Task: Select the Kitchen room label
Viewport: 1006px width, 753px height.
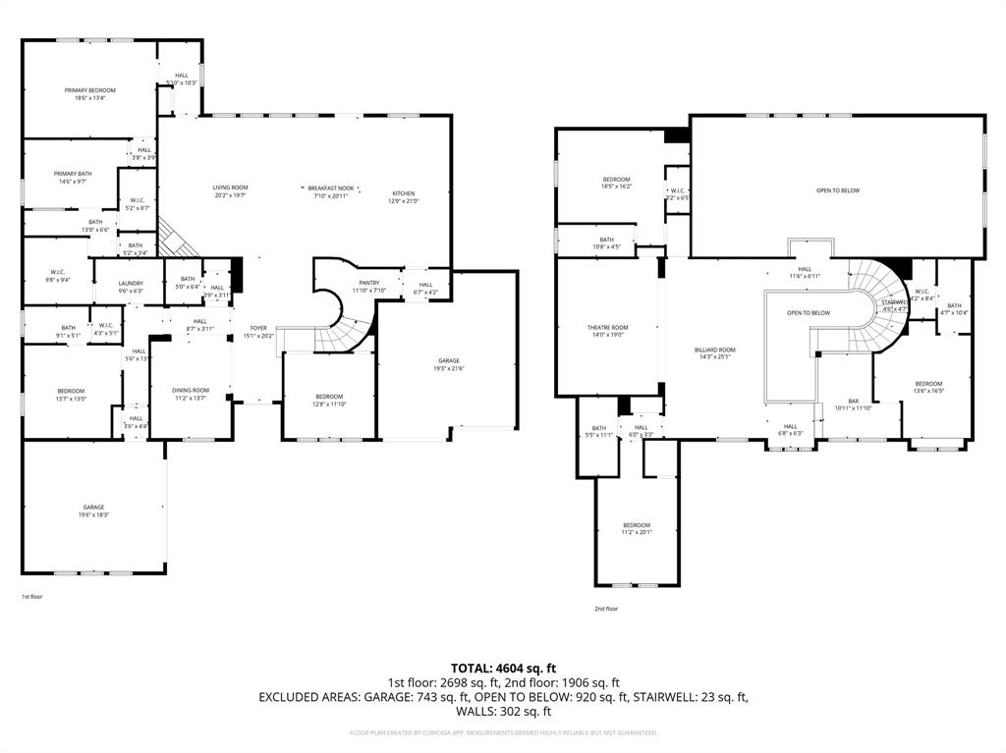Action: (x=405, y=193)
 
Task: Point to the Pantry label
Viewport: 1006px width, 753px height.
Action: (x=368, y=283)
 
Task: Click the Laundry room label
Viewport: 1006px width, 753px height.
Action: (x=131, y=283)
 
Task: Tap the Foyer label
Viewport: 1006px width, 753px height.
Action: (x=258, y=328)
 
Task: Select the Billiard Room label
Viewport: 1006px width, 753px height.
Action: (x=714, y=350)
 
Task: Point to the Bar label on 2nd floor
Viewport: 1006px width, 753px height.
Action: (x=854, y=401)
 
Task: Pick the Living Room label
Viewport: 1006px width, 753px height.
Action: (x=230, y=188)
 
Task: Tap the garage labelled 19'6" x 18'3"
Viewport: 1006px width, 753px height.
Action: (x=94, y=508)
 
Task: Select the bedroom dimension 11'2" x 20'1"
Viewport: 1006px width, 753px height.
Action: (x=636, y=531)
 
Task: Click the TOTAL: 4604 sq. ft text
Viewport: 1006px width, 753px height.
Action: (x=503, y=668)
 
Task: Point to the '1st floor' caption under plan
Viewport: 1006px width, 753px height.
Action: (x=32, y=596)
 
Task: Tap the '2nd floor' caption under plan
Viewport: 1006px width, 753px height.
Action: (x=606, y=609)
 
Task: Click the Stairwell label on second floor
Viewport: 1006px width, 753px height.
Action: (x=893, y=302)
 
